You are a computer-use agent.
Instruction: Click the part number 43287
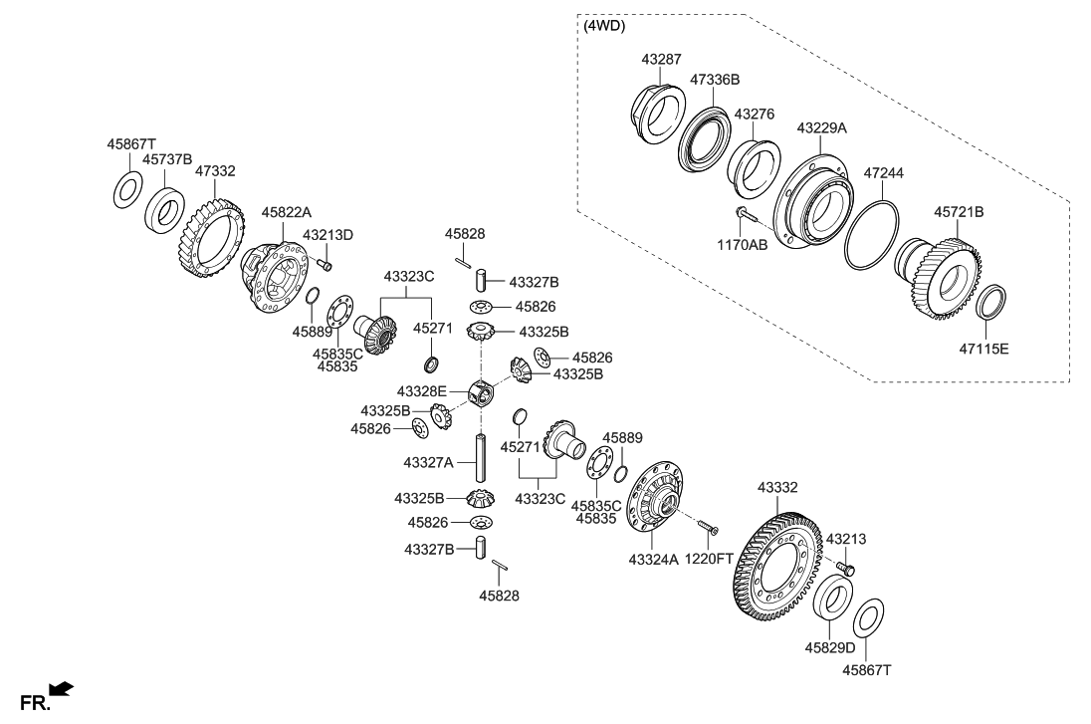click(661, 61)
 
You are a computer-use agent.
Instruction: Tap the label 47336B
click(715, 79)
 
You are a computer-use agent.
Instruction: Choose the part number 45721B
click(959, 212)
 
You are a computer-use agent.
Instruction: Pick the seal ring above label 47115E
click(991, 302)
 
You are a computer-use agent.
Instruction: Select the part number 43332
click(777, 488)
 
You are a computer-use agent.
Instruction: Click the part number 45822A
click(287, 212)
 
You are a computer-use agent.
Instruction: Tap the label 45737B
click(166, 158)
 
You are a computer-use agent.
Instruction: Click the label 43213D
click(327, 235)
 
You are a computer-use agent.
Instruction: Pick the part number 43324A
click(653, 561)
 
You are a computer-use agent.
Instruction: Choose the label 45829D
click(829, 647)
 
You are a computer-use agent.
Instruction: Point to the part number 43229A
click(821, 128)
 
